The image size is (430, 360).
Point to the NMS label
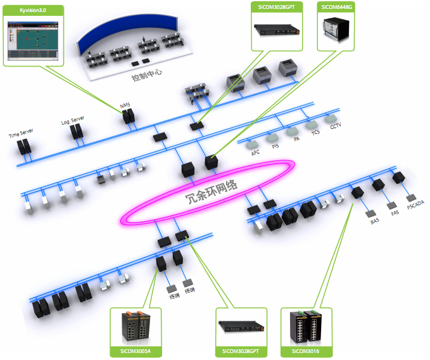[125, 105]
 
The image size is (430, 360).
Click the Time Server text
[21, 133]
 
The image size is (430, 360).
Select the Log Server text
[72, 120]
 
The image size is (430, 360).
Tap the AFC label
[255, 153]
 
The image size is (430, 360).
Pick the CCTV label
[335, 126]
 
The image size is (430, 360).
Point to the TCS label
[315, 132]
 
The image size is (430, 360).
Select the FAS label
[395, 214]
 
